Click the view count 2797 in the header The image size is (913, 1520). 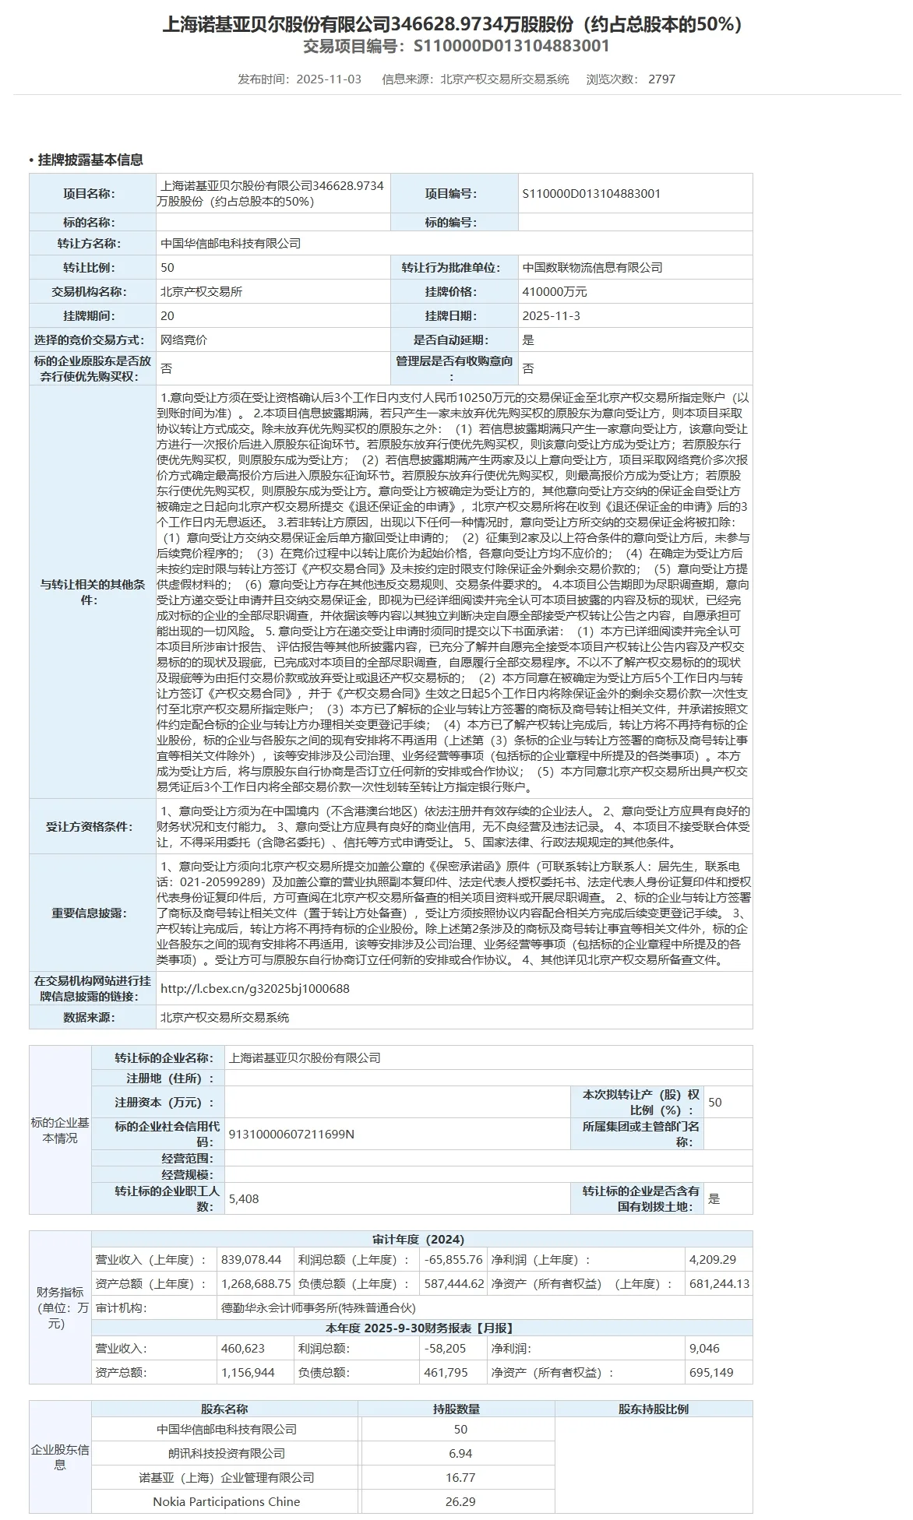pos(661,79)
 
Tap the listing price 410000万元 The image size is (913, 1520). pos(555,292)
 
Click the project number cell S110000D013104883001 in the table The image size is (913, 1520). pos(591,194)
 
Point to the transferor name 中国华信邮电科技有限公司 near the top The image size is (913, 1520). pos(231,244)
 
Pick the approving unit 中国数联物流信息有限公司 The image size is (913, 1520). pos(592,268)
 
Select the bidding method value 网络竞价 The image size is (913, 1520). pos(184,340)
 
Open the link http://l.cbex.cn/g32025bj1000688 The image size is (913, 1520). pos(255,989)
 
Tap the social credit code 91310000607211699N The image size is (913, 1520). pos(291,1134)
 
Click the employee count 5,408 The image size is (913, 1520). pos(244,1198)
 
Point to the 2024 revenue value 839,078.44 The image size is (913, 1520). pos(252,1259)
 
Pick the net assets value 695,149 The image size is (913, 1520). pos(711,1372)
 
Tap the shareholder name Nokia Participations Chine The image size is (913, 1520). pos(226,1501)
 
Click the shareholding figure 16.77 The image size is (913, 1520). pos(460,1477)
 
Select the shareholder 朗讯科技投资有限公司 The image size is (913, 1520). pos(227,1453)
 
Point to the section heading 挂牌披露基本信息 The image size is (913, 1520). pos(90,160)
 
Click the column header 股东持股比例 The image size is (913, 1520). pos(653,1409)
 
